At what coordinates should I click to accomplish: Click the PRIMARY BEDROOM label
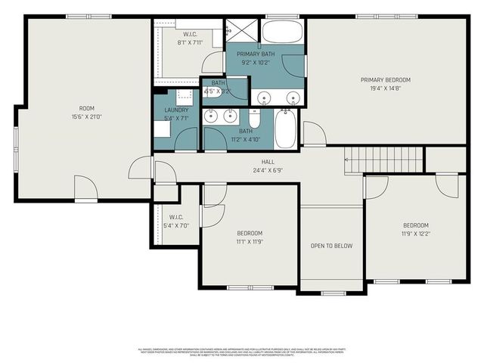pos(385,79)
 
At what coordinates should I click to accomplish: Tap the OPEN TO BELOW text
pos(331,246)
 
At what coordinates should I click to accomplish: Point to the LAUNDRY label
pos(176,110)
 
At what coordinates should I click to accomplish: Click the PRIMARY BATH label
pos(256,54)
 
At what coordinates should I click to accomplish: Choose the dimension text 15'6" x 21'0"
pos(86,116)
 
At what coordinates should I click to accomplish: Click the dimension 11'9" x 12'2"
pos(415,234)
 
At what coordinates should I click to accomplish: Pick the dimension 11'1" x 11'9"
pos(250,241)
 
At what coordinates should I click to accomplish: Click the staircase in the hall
pos(383,160)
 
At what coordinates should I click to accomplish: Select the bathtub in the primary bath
pos(282,32)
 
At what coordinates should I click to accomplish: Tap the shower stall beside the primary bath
pos(243,30)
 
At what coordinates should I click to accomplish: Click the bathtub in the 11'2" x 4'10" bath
pos(286,129)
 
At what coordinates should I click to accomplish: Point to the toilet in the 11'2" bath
pos(255,119)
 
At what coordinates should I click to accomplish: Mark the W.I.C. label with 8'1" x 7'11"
pos(190,35)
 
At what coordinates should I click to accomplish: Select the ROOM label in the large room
pos(86,108)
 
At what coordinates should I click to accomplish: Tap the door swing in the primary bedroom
pos(313,134)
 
